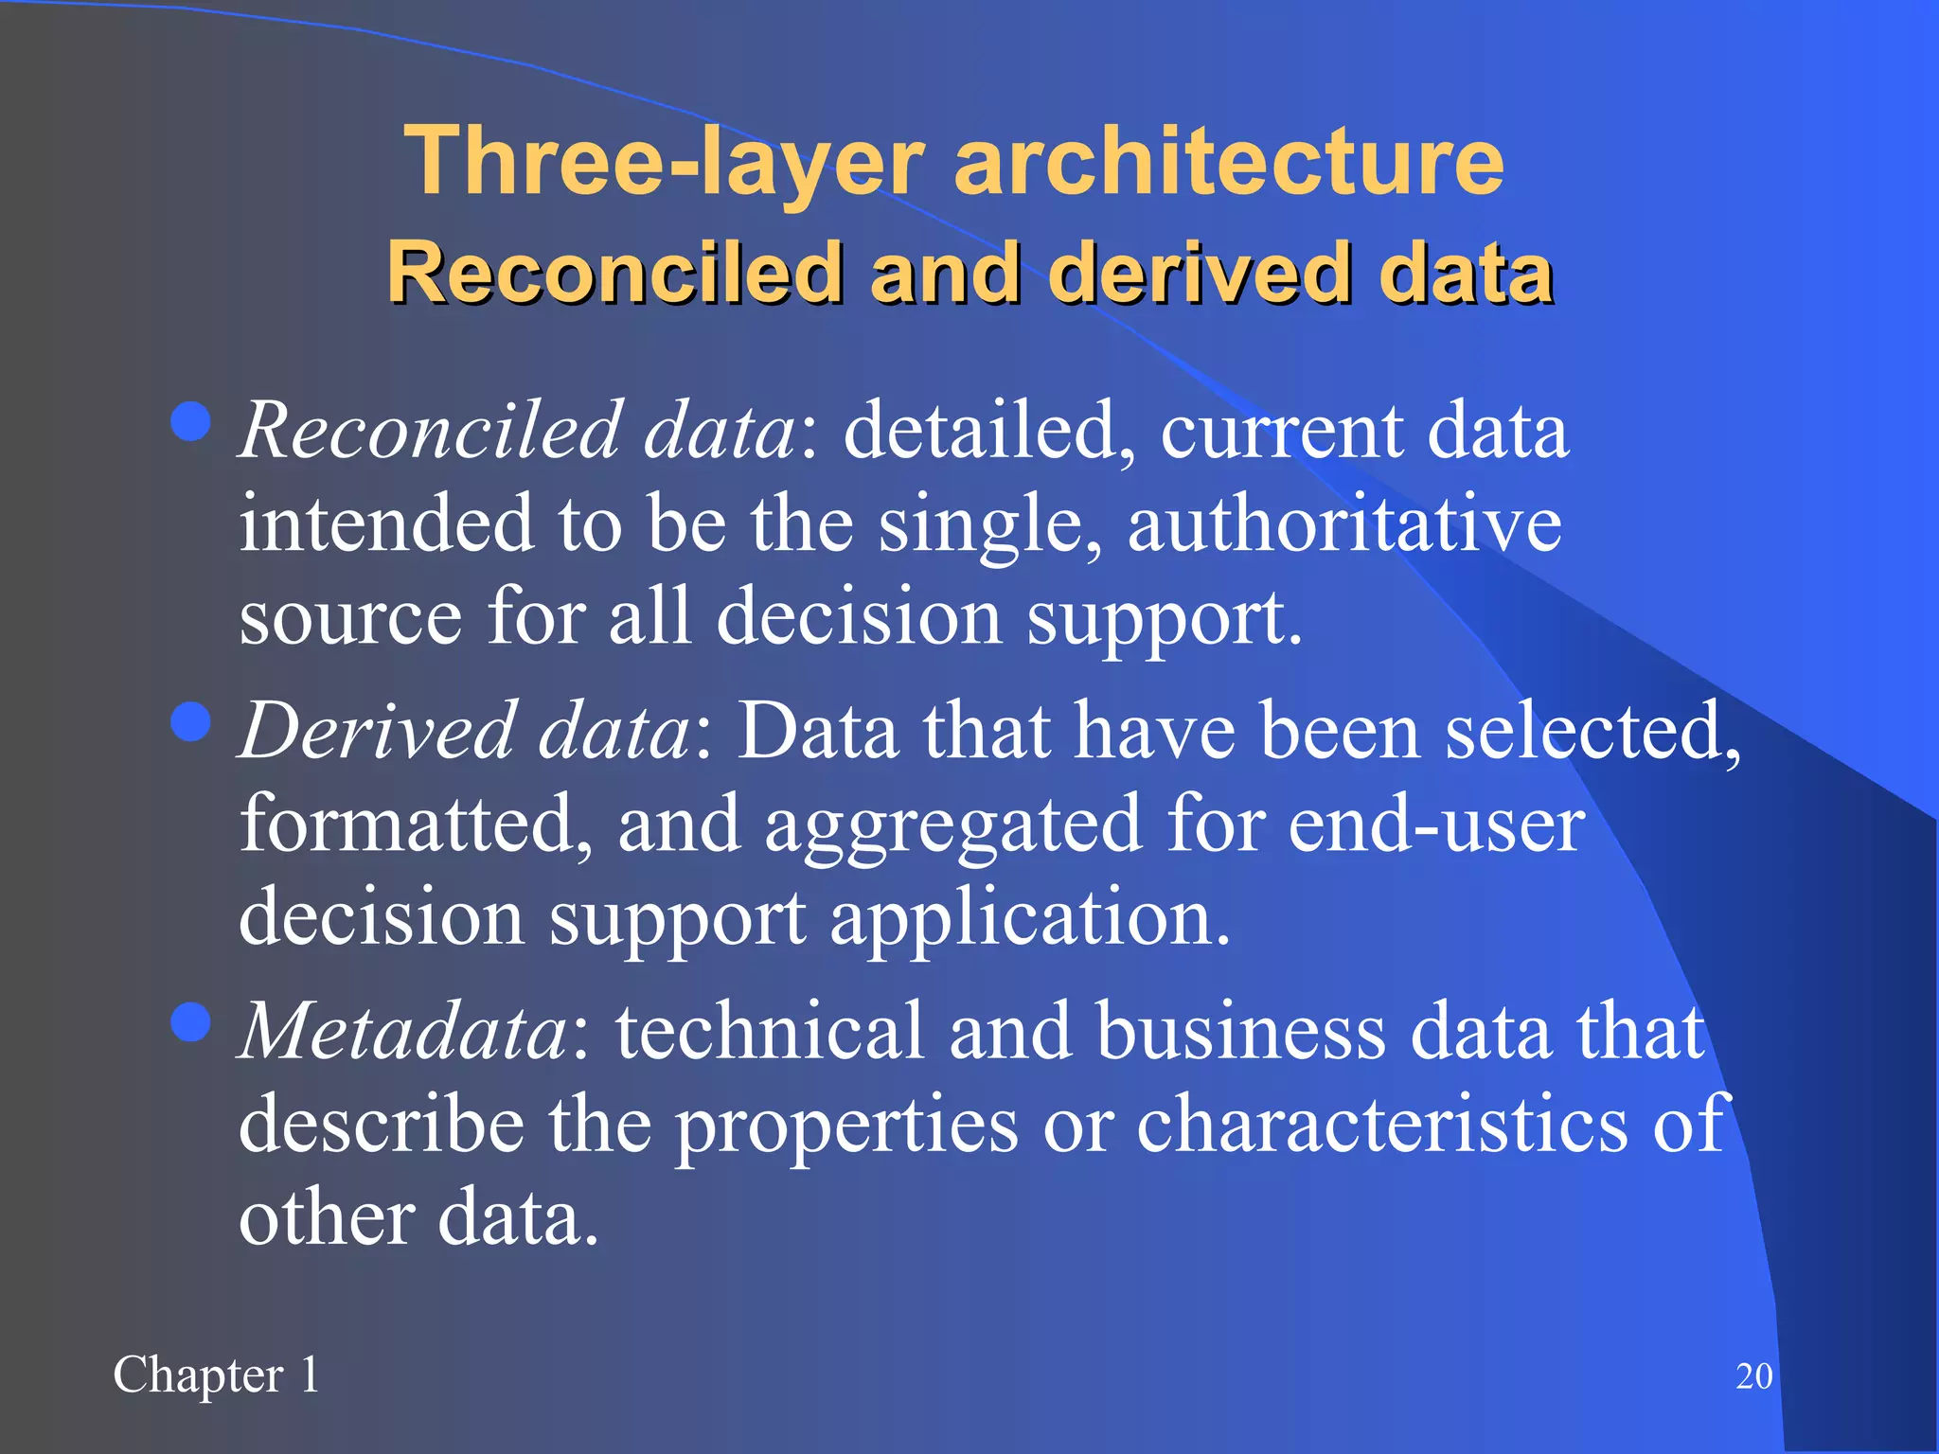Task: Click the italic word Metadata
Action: click(403, 1031)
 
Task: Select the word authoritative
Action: click(1343, 524)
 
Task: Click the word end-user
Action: click(1435, 825)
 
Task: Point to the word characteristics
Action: click(1381, 1125)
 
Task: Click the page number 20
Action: click(1753, 1376)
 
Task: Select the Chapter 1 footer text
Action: click(217, 1375)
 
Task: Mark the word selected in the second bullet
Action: click(1591, 732)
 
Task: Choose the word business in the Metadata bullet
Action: click(1240, 1031)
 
